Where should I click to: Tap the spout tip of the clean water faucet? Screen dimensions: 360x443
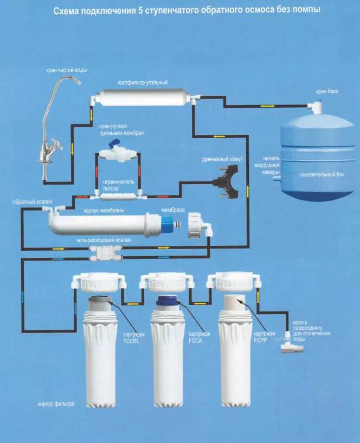(79, 83)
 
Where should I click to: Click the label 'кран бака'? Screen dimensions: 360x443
(327, 92)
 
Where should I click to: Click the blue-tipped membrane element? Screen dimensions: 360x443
(165, 222)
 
